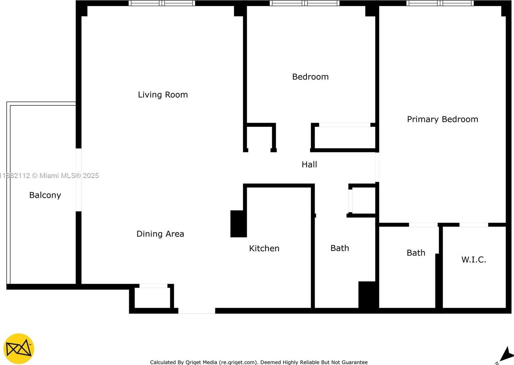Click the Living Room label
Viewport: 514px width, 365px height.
click(x=163, y=95)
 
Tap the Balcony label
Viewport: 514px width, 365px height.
click(x=45, y=195)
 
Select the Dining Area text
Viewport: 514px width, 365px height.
click(x=160, y=234)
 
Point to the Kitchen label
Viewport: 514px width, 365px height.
click(x=264, y=248)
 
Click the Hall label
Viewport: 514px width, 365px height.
click(x=309, y=165)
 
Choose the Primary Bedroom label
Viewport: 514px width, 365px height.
click(x=442, y=119)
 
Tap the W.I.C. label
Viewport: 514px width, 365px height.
click(x=474, y=259)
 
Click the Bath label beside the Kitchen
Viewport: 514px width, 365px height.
click(x=340, y=248)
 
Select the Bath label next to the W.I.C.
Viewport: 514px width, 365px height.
click(x=416, y=253)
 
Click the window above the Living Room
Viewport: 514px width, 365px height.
click(x=162, y=3)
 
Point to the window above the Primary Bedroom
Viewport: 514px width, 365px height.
click(x=440, y=3)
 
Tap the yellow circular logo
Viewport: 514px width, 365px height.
click(x=19, y=349)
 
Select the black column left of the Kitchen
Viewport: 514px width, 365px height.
click(x=238, y=224)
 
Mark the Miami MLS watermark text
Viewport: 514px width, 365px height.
click(x=49, y=176)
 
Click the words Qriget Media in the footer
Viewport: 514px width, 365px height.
click(x=201, y=362)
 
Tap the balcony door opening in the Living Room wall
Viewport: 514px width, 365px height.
click(x=79, y=180)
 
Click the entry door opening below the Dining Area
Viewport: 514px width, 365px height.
click(x=197, y=311)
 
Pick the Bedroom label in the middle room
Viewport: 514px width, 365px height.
click(x=310, y=77)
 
